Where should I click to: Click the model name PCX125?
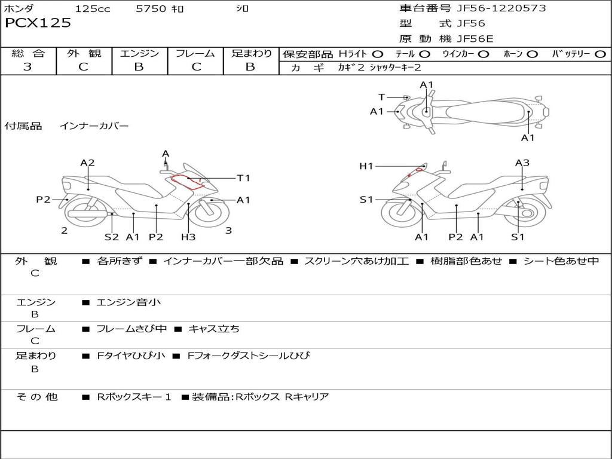38,23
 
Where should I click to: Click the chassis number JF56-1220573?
492,8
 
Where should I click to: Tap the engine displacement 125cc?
93,9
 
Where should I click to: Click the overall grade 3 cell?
27,67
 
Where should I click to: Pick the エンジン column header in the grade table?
139,54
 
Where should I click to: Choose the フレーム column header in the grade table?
195,54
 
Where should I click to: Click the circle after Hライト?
378,54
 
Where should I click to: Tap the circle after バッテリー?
600,54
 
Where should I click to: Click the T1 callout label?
243,178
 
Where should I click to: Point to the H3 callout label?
188,237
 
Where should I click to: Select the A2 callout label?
88,163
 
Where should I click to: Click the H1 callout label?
366,166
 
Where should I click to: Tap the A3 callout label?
522,163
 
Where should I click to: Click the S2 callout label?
112,237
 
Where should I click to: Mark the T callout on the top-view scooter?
382,97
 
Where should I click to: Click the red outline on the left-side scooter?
186,182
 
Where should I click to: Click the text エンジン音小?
128,302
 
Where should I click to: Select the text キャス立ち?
214,329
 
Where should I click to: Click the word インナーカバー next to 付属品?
94,126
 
